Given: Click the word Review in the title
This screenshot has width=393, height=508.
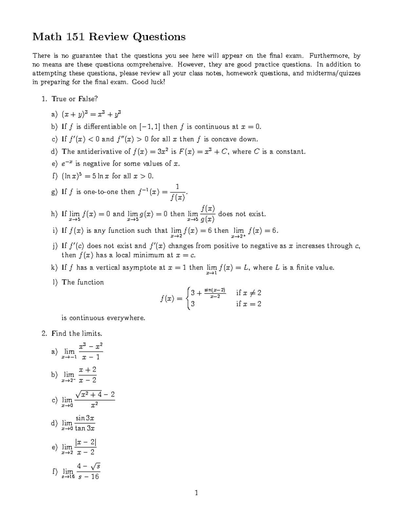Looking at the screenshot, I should click(109, 37).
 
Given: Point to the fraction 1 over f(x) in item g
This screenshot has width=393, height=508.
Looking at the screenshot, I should click(177, 192).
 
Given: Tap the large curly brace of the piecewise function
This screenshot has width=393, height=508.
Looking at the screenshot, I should click(187, 298).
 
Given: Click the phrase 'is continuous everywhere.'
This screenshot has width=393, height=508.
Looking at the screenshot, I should click(103, 318).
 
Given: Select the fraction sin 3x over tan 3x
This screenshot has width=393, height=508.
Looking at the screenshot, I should click(85, 423).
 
